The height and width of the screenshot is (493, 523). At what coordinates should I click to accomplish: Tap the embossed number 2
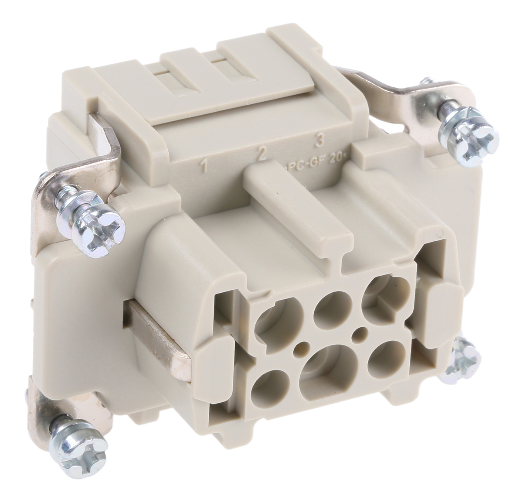click(x=261, y=154)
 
